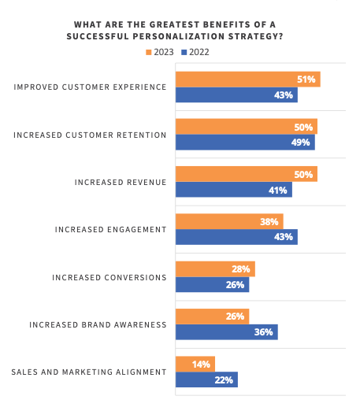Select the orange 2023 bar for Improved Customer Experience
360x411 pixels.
pyautogui.click(x=247, y=80)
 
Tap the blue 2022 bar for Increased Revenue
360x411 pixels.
pyautogui.click(x=233, y=190)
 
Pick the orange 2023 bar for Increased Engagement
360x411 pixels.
pyautogui.click(x=228, y=221)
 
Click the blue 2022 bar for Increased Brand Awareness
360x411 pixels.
pyautogui.click(x=226, y=331)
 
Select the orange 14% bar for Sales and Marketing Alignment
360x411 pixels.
pyautogui.click(x=195, y=364)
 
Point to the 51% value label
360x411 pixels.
pyautogui.click(x=306, y=80)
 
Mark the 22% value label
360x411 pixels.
pyautogui.click(x=225, y=380)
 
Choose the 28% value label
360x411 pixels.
pyautogui.click(x=241, y=269)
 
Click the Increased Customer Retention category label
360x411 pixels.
pyautogui.click(x=90, y=135)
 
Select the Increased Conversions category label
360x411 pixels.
pyautogui.click(x=109, y=277)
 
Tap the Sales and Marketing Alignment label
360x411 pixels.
pyautogui.click(x=89, y=372)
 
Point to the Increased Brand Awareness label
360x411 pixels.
pyautogui.click(x=98, y=324)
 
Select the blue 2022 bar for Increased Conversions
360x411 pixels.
pyautogui.click(x=212, y=284)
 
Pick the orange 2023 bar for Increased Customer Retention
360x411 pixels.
pyautogui.click(x=246, y=127)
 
